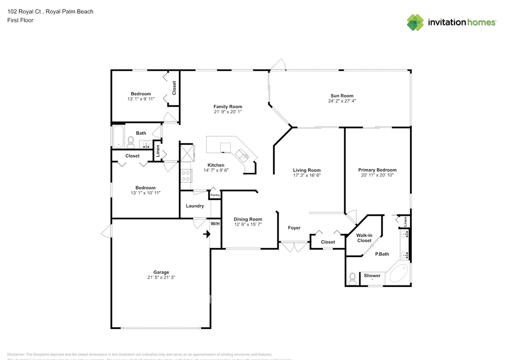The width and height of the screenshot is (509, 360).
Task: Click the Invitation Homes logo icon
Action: tap(415, 22)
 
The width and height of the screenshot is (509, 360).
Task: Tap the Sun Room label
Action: tap(342, 96)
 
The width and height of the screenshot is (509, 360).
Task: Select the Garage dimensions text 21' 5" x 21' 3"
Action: tap(161, 277)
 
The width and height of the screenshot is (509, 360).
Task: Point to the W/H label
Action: tap(215, 224)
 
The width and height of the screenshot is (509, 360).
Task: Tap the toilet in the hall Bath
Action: tap(131, 141)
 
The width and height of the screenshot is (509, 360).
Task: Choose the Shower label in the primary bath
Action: tap(372, 276)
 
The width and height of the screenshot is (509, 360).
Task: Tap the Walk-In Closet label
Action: tap(364, 238)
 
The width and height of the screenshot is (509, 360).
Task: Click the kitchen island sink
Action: tap(242, 154)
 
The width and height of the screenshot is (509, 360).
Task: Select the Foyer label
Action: tap(294, 228)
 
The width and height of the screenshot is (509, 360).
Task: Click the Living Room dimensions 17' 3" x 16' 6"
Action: tap(306, 175)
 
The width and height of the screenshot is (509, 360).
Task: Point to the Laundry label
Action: tap(195, 206)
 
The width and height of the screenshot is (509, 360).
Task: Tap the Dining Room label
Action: tap(247, 219)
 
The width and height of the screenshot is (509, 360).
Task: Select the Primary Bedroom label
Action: tap(377, 170)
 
